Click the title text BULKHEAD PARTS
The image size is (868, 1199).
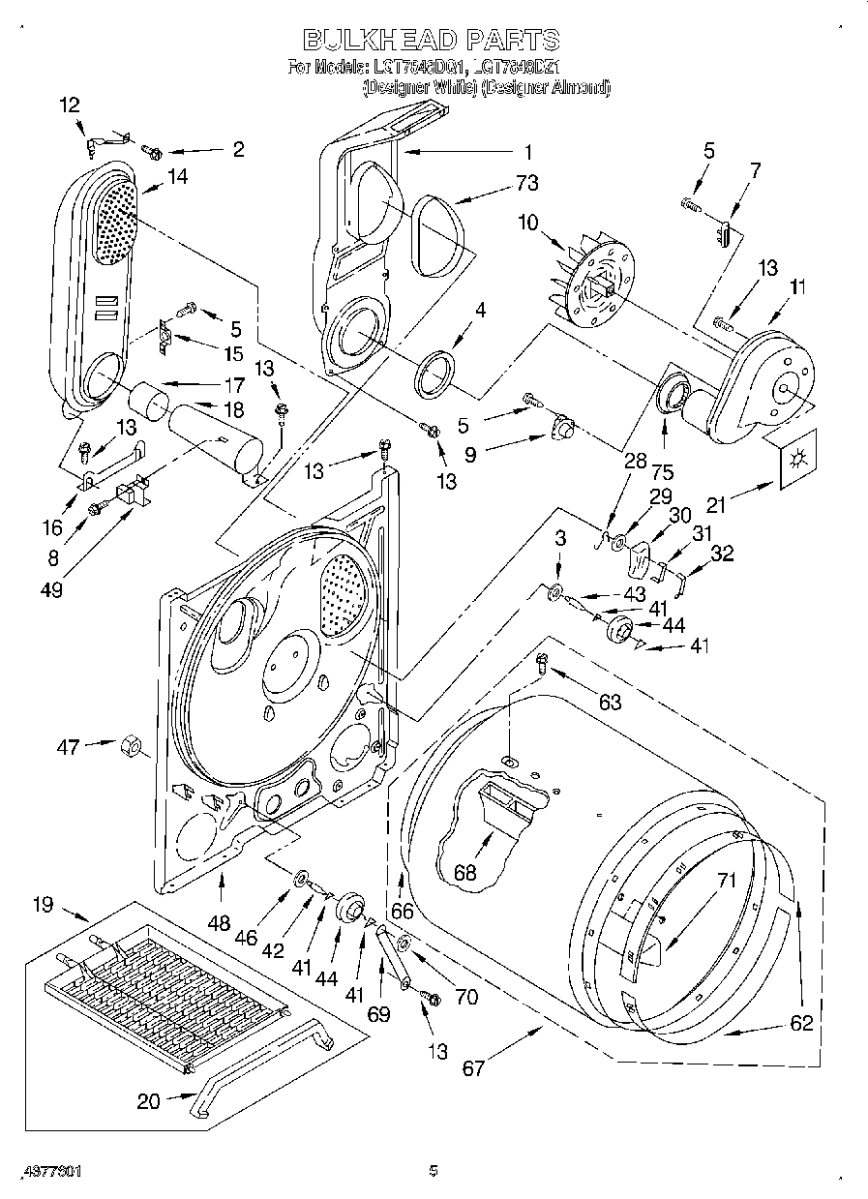[x=432, y=40]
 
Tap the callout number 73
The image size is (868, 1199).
[x=527, y=182]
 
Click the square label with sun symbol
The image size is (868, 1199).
[x=796, y=459]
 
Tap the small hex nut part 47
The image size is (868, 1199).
[x=133, y=747]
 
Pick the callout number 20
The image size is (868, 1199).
[x=148, y=1100]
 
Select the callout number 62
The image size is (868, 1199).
[x=800, y=1023]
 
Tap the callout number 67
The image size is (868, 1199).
[x=473, y=1068]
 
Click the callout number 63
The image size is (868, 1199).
[x=610, y=702]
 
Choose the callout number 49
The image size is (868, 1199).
[x=51, y=589]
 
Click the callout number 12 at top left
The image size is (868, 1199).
[x=71, y=105]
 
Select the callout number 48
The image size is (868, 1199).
[x=222, y=922]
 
